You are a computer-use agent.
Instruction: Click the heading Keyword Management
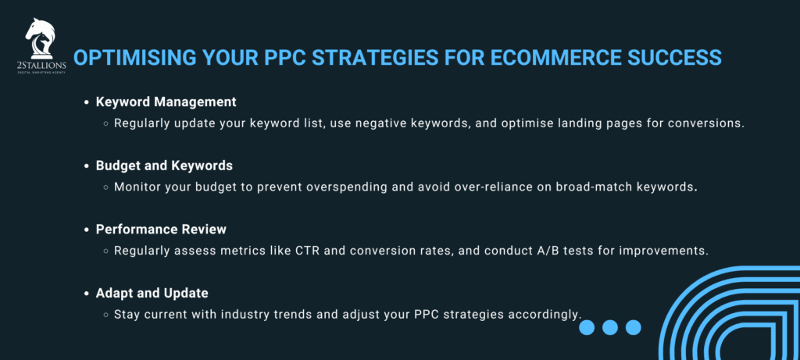[166, 102]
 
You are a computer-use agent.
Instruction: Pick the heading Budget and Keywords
[165, 166]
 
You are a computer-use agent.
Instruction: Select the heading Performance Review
[161, 230]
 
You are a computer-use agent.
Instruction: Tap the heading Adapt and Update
[152, 293]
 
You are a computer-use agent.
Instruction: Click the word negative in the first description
[370, 123]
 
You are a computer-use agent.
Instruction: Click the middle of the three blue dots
[610, 327]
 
